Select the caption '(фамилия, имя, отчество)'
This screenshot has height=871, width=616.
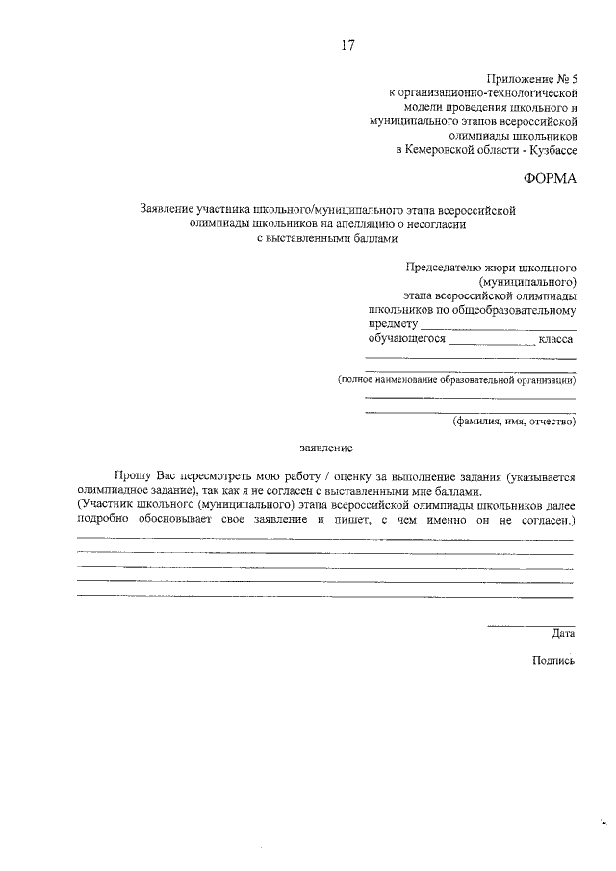click(514, 421)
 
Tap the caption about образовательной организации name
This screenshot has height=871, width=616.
click(456, 381)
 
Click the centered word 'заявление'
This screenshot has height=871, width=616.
click(326, 448)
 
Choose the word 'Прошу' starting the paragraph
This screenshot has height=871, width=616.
click(132, 476)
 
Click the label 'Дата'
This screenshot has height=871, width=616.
click(563, 634)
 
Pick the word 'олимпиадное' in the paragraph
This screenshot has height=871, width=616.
click(108, 491)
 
